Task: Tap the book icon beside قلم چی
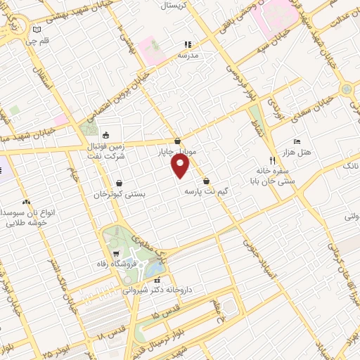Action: tap(37, 30)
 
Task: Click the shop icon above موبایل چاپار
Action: tap(177, 140)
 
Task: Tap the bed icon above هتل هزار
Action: tap(295, 141)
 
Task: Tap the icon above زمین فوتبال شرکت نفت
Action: tap(105, 136)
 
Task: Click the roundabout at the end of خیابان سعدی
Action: tap(346, 90)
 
